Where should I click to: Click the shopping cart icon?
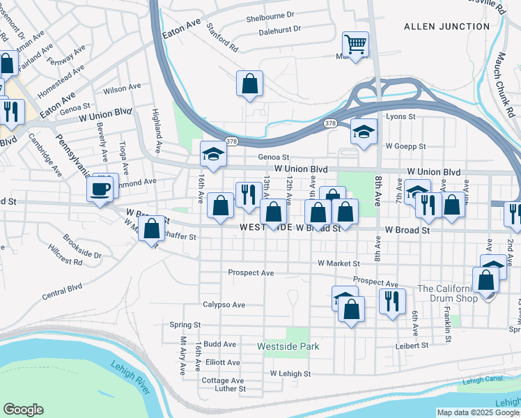click(x=355, y=45)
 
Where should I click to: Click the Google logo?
click(x=23, y=410)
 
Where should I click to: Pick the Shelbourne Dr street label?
click(x=271, y=14)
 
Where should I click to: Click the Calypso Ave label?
click(x=224, y=305)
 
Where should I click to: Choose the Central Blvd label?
click(x=62, y=291)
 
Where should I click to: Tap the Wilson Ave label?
click(x=122, y=87)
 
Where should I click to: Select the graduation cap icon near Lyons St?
click(x=364, y=132)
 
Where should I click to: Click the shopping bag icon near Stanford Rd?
click(x=249, y=84)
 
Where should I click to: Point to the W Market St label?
click(x=339, y=264)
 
